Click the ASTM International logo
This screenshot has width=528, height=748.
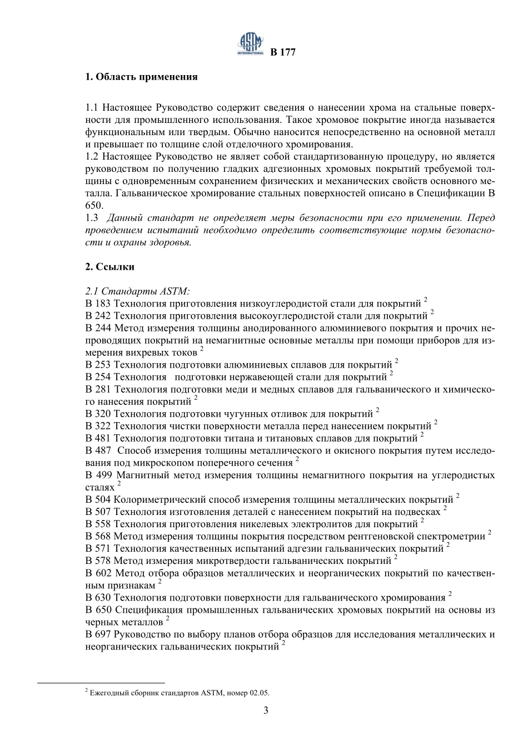pos(251,43)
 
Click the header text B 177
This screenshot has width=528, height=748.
pos(283,52)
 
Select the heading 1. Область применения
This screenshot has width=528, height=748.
pos(141,77)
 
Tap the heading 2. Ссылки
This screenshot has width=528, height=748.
pos(110,266)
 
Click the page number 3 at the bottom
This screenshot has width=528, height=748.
pos(266,710)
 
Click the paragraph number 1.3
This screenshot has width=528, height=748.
pos(92,218)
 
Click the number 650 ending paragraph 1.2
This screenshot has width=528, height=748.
pos(93,206)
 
